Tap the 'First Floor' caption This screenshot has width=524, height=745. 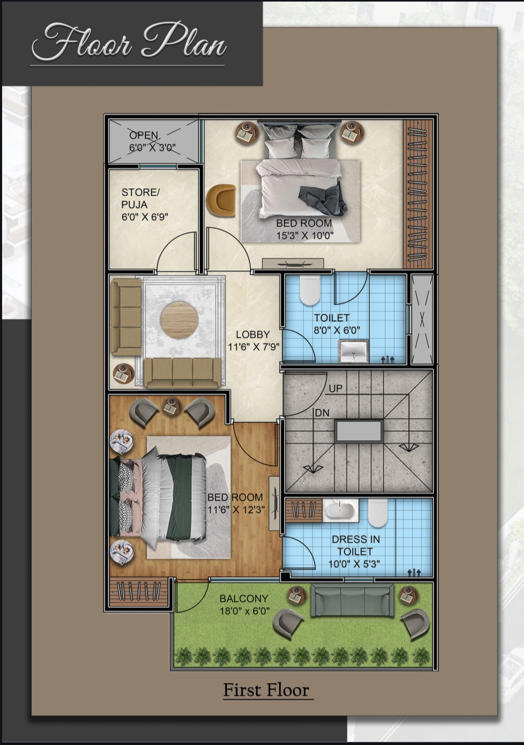coord(266,690)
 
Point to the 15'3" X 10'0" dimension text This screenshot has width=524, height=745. coord(305,235)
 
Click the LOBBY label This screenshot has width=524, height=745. coord(253,334)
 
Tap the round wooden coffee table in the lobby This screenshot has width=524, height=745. coord(179,320)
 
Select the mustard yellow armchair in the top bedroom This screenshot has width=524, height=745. coord(221,200)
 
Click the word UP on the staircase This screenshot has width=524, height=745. coord(336,389)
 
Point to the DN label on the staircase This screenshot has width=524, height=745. coord(322,413)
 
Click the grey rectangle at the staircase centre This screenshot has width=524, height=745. coord(359,431)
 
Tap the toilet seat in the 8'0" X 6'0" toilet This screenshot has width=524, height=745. coord(310,289)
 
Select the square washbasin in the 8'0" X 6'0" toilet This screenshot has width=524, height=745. coord(354,351)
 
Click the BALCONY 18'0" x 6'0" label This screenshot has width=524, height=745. coord(244,605)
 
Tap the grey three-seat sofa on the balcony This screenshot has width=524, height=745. coord(352,601)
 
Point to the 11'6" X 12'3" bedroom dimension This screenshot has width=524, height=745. coord(236,510)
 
